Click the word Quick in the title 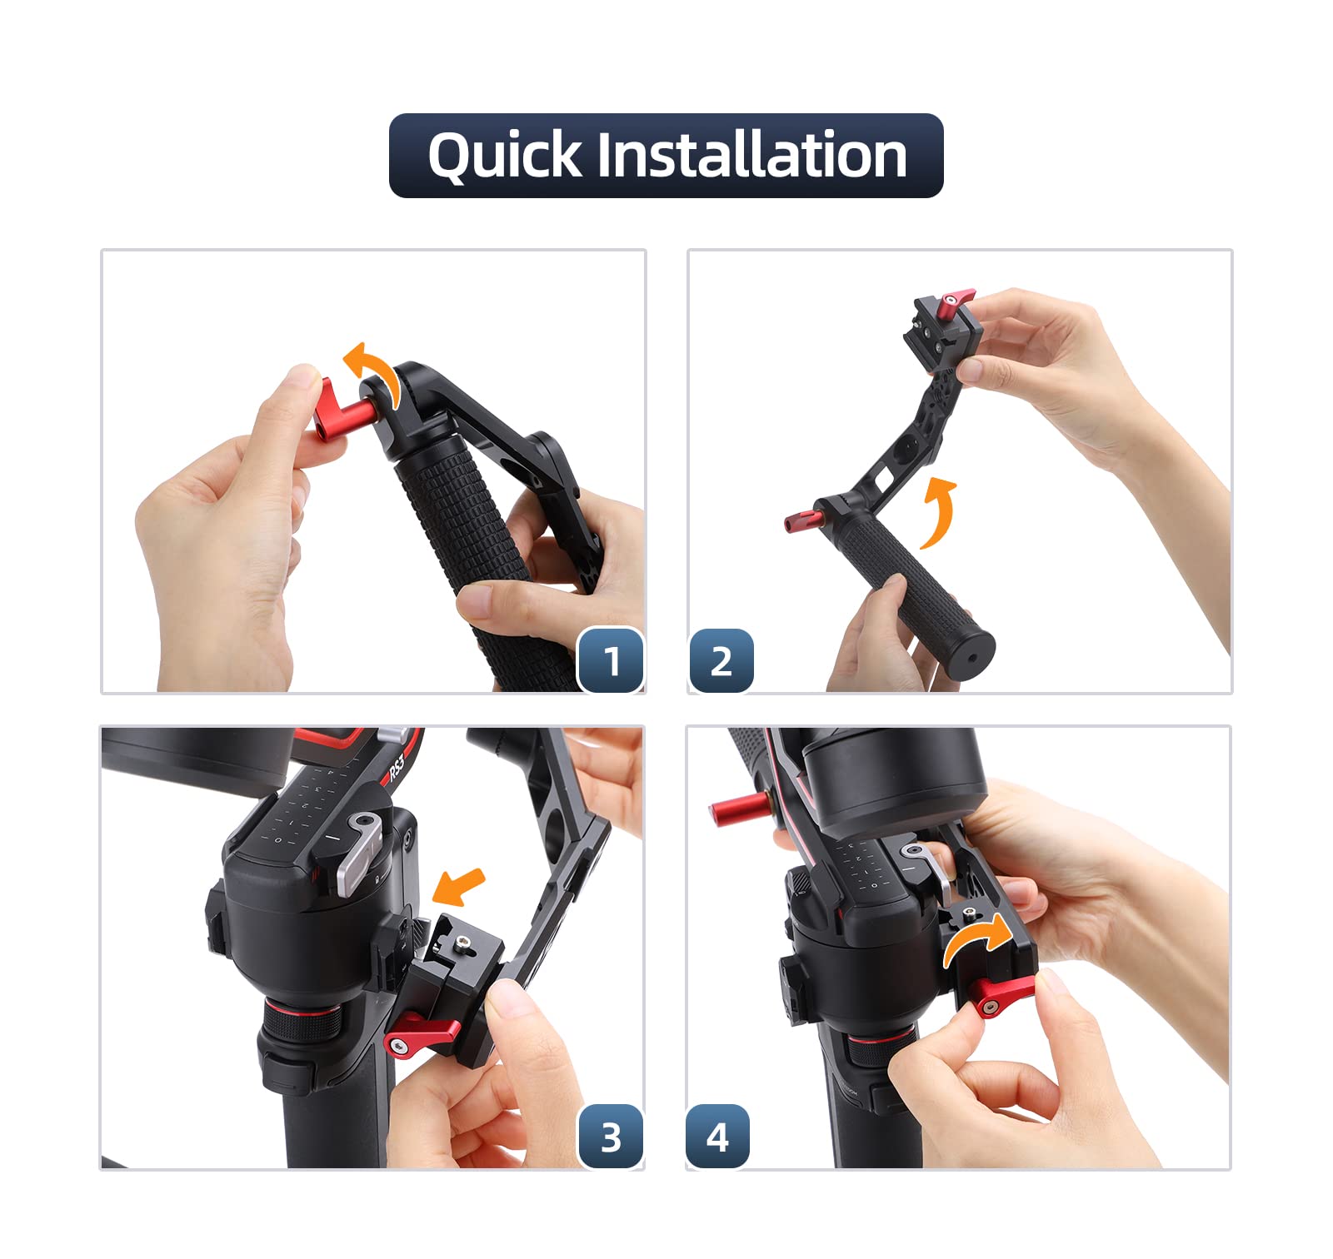tap(504, 156)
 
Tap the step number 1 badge tap(612, 661)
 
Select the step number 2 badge tap(721, 661)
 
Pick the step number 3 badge tap(612, 1137)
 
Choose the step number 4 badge tap(717, 1137)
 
